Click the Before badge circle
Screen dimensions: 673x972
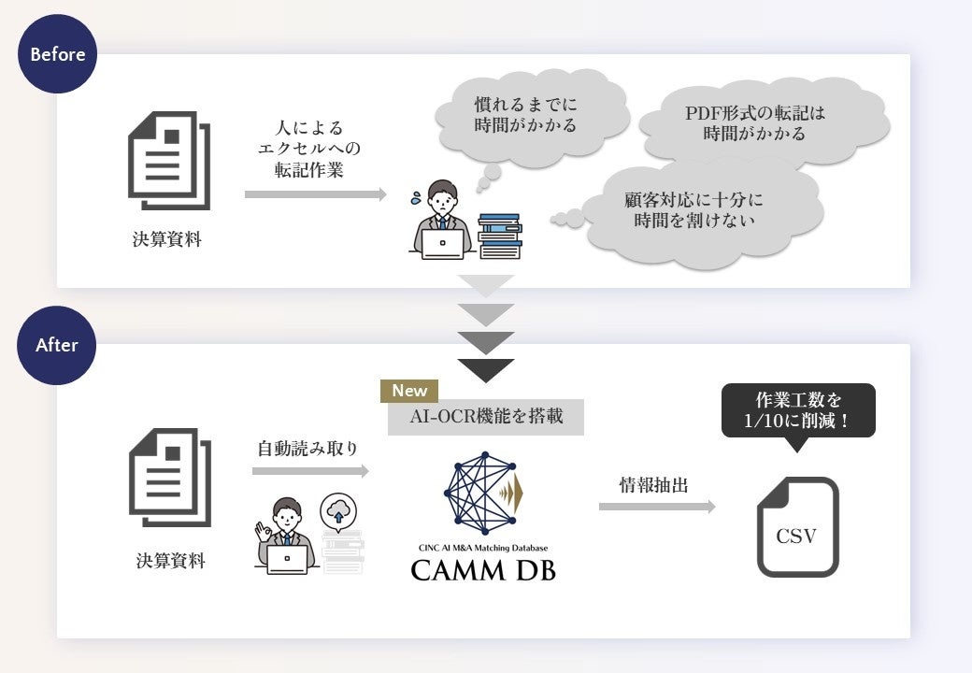click(57, 54)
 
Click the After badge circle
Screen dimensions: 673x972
click(57, 345)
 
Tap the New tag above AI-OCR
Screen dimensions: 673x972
click(409, 391)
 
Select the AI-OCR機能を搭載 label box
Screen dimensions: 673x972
click(486, 417)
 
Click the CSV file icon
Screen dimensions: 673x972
click(796, 527)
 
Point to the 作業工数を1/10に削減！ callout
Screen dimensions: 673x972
click(798, 410)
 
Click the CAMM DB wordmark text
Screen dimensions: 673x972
click(483, 568)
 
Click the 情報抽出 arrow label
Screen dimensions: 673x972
click(655, 485)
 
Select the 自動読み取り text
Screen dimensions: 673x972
click(307, 449)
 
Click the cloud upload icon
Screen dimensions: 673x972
click(338, 512)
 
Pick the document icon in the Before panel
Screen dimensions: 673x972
click(168, 160)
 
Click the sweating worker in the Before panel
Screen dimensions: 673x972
click(441, 221)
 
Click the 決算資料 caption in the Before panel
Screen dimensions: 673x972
click(166, 239)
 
